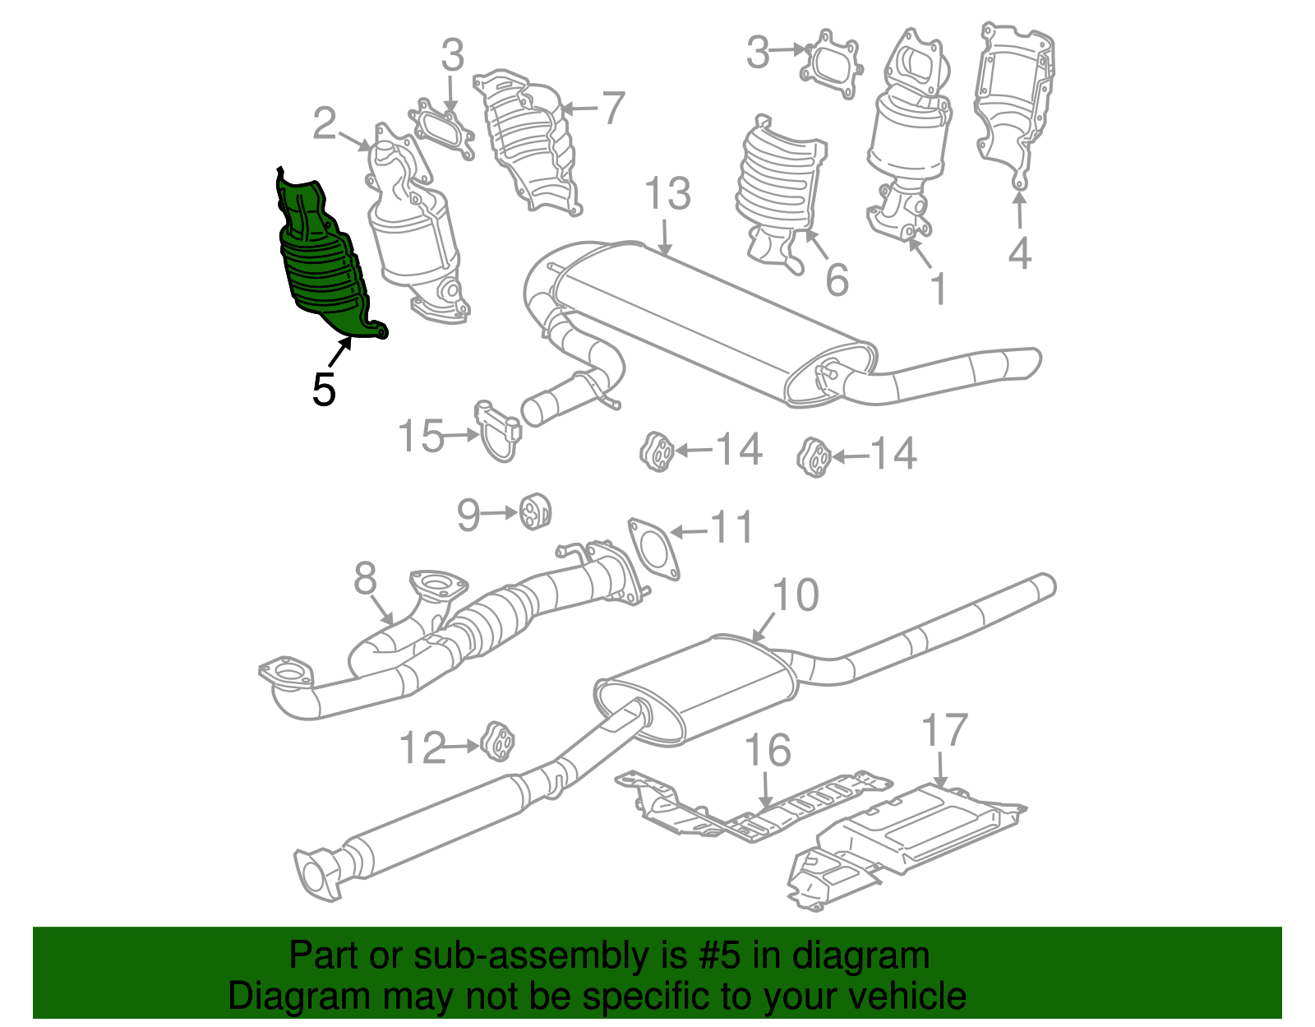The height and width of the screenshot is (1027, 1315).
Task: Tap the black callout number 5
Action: coord(324,389)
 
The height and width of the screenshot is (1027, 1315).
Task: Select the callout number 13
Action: coord(667,194)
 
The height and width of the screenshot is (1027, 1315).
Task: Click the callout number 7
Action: coord(612,108)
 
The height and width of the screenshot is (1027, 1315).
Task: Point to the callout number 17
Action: coord(944,730)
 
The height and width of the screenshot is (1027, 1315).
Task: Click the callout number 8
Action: coord(365,578)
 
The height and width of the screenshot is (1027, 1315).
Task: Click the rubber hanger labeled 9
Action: coord(535,511)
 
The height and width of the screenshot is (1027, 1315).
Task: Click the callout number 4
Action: coord(1019,253)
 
